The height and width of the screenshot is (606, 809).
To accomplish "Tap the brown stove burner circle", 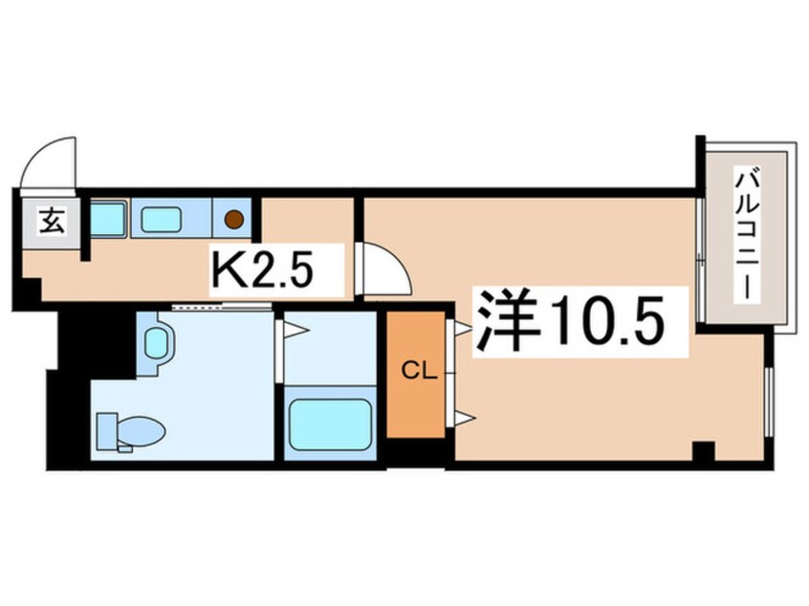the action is point(233,219).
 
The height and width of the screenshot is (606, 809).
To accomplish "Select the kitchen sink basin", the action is point(161,219).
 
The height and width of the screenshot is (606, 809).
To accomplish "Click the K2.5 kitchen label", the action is point(262,270).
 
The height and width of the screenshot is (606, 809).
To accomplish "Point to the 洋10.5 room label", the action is point(570,321).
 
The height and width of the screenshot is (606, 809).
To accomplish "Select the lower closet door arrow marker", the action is point(463,419).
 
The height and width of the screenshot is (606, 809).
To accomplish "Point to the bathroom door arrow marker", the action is point(295,330).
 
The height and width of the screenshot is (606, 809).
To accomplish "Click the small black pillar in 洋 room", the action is point(703,451).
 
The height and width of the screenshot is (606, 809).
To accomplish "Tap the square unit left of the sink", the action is point(108,219).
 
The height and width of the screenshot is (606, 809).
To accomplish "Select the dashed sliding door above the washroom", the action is point(222,308).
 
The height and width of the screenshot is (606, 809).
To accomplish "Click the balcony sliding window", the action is point(699,259).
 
